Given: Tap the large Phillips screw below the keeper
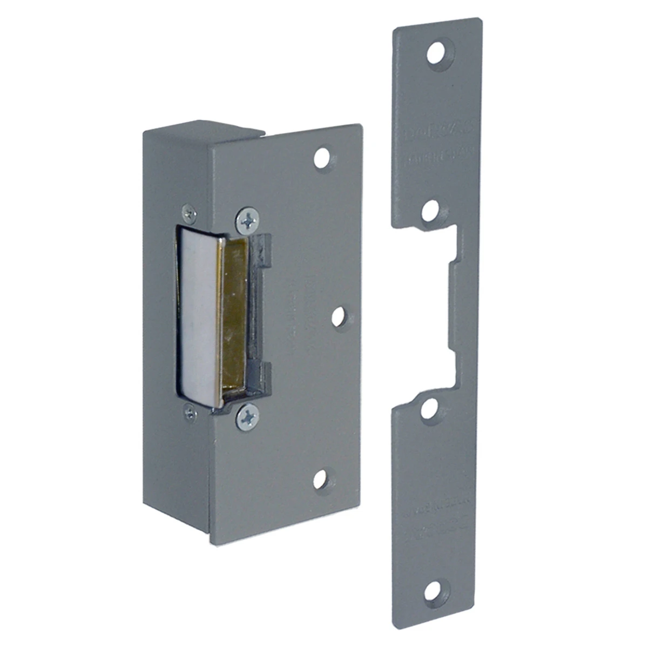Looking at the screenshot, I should pos(247,415).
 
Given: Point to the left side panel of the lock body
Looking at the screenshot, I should pos(162,324).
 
